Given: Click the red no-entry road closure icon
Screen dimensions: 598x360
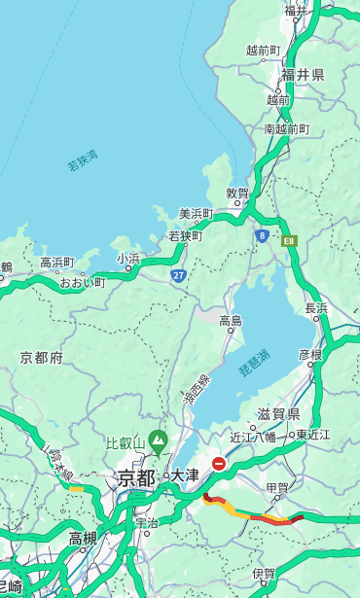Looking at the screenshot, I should click(220, 464).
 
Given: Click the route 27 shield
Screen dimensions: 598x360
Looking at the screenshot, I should click(179, 276).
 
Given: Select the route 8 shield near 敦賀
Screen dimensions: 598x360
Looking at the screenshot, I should click(262, 234).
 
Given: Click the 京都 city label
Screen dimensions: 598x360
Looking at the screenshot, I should click(136, 478).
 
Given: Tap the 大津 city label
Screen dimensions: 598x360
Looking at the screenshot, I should click(185, 476).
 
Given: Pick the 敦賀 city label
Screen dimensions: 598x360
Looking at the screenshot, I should click(238, 193).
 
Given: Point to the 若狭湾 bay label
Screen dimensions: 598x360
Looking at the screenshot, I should click(83, 160).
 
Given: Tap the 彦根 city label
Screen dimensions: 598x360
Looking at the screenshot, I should click(309, 355).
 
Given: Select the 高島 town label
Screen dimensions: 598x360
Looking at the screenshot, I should click(231, 321).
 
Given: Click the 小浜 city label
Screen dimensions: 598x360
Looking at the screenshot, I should click(128, 259).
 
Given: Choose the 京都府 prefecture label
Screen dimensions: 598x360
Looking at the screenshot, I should click(42, 358).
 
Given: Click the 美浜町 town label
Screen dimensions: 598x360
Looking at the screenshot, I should click(196, 213).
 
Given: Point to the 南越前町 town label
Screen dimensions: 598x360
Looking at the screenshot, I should click(286, 129).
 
